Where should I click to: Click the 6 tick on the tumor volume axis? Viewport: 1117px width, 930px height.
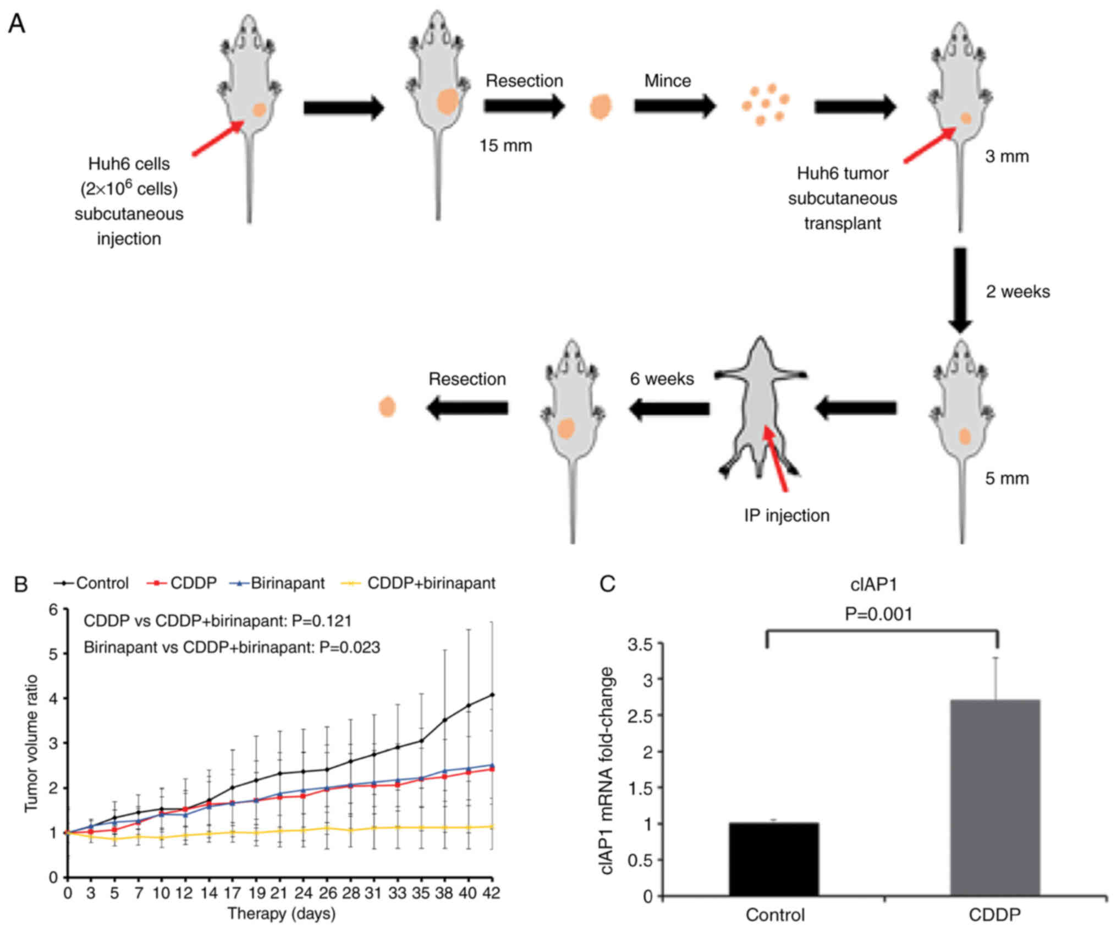53,610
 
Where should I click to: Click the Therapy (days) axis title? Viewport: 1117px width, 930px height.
281,913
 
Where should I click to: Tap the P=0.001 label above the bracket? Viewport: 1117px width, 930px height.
878,614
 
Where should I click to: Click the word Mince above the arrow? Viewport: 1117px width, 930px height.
668,81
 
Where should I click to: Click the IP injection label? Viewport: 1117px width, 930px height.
786,516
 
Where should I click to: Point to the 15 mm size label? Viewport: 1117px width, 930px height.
505,146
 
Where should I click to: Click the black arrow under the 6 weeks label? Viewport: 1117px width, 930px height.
669,408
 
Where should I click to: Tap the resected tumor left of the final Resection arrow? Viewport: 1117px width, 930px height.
387,407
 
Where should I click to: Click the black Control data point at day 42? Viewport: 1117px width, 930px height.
492,694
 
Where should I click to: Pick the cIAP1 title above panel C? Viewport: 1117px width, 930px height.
873,584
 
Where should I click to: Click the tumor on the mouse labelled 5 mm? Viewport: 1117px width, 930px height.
965,436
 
